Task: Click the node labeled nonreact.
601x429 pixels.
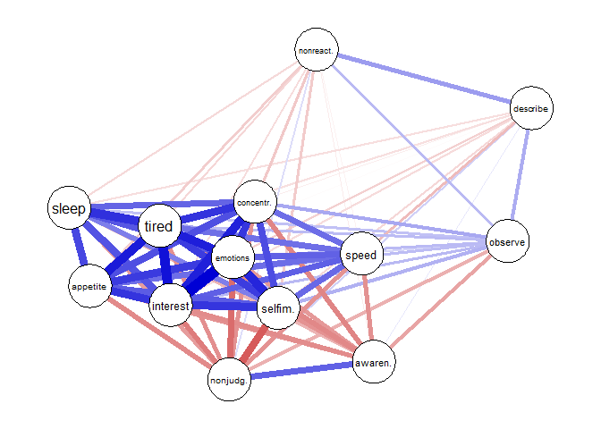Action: click(317, 51)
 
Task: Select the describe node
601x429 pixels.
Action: click(531, 109)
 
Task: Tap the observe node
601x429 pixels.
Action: click(507, 242)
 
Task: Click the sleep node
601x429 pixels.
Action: click(69, 209)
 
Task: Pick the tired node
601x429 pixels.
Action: click(159, 226)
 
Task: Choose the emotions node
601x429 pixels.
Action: click(233, 258)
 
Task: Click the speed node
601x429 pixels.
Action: click(360, 255)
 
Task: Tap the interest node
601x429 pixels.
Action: click(170, 307)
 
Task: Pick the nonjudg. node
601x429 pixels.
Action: click(228, 382)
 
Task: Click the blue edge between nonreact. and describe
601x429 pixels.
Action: click(424, 80)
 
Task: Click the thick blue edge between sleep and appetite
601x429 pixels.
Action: click(79, 248)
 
